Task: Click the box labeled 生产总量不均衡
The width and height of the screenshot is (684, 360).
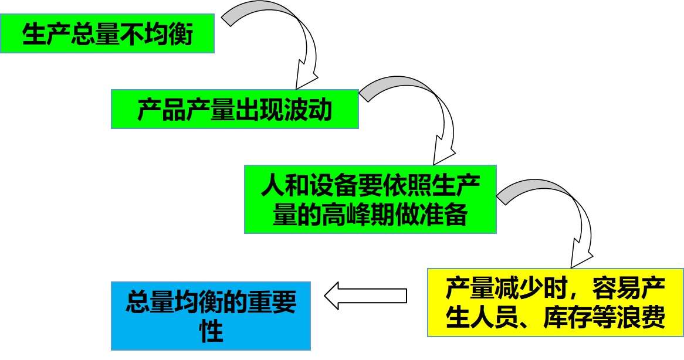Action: (x=107, y=34)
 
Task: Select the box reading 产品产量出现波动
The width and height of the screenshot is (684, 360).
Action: (x=235, y=109)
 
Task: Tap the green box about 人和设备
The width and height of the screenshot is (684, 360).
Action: (x=370, y=199)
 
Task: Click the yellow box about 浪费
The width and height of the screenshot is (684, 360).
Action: (x=554, y=303)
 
